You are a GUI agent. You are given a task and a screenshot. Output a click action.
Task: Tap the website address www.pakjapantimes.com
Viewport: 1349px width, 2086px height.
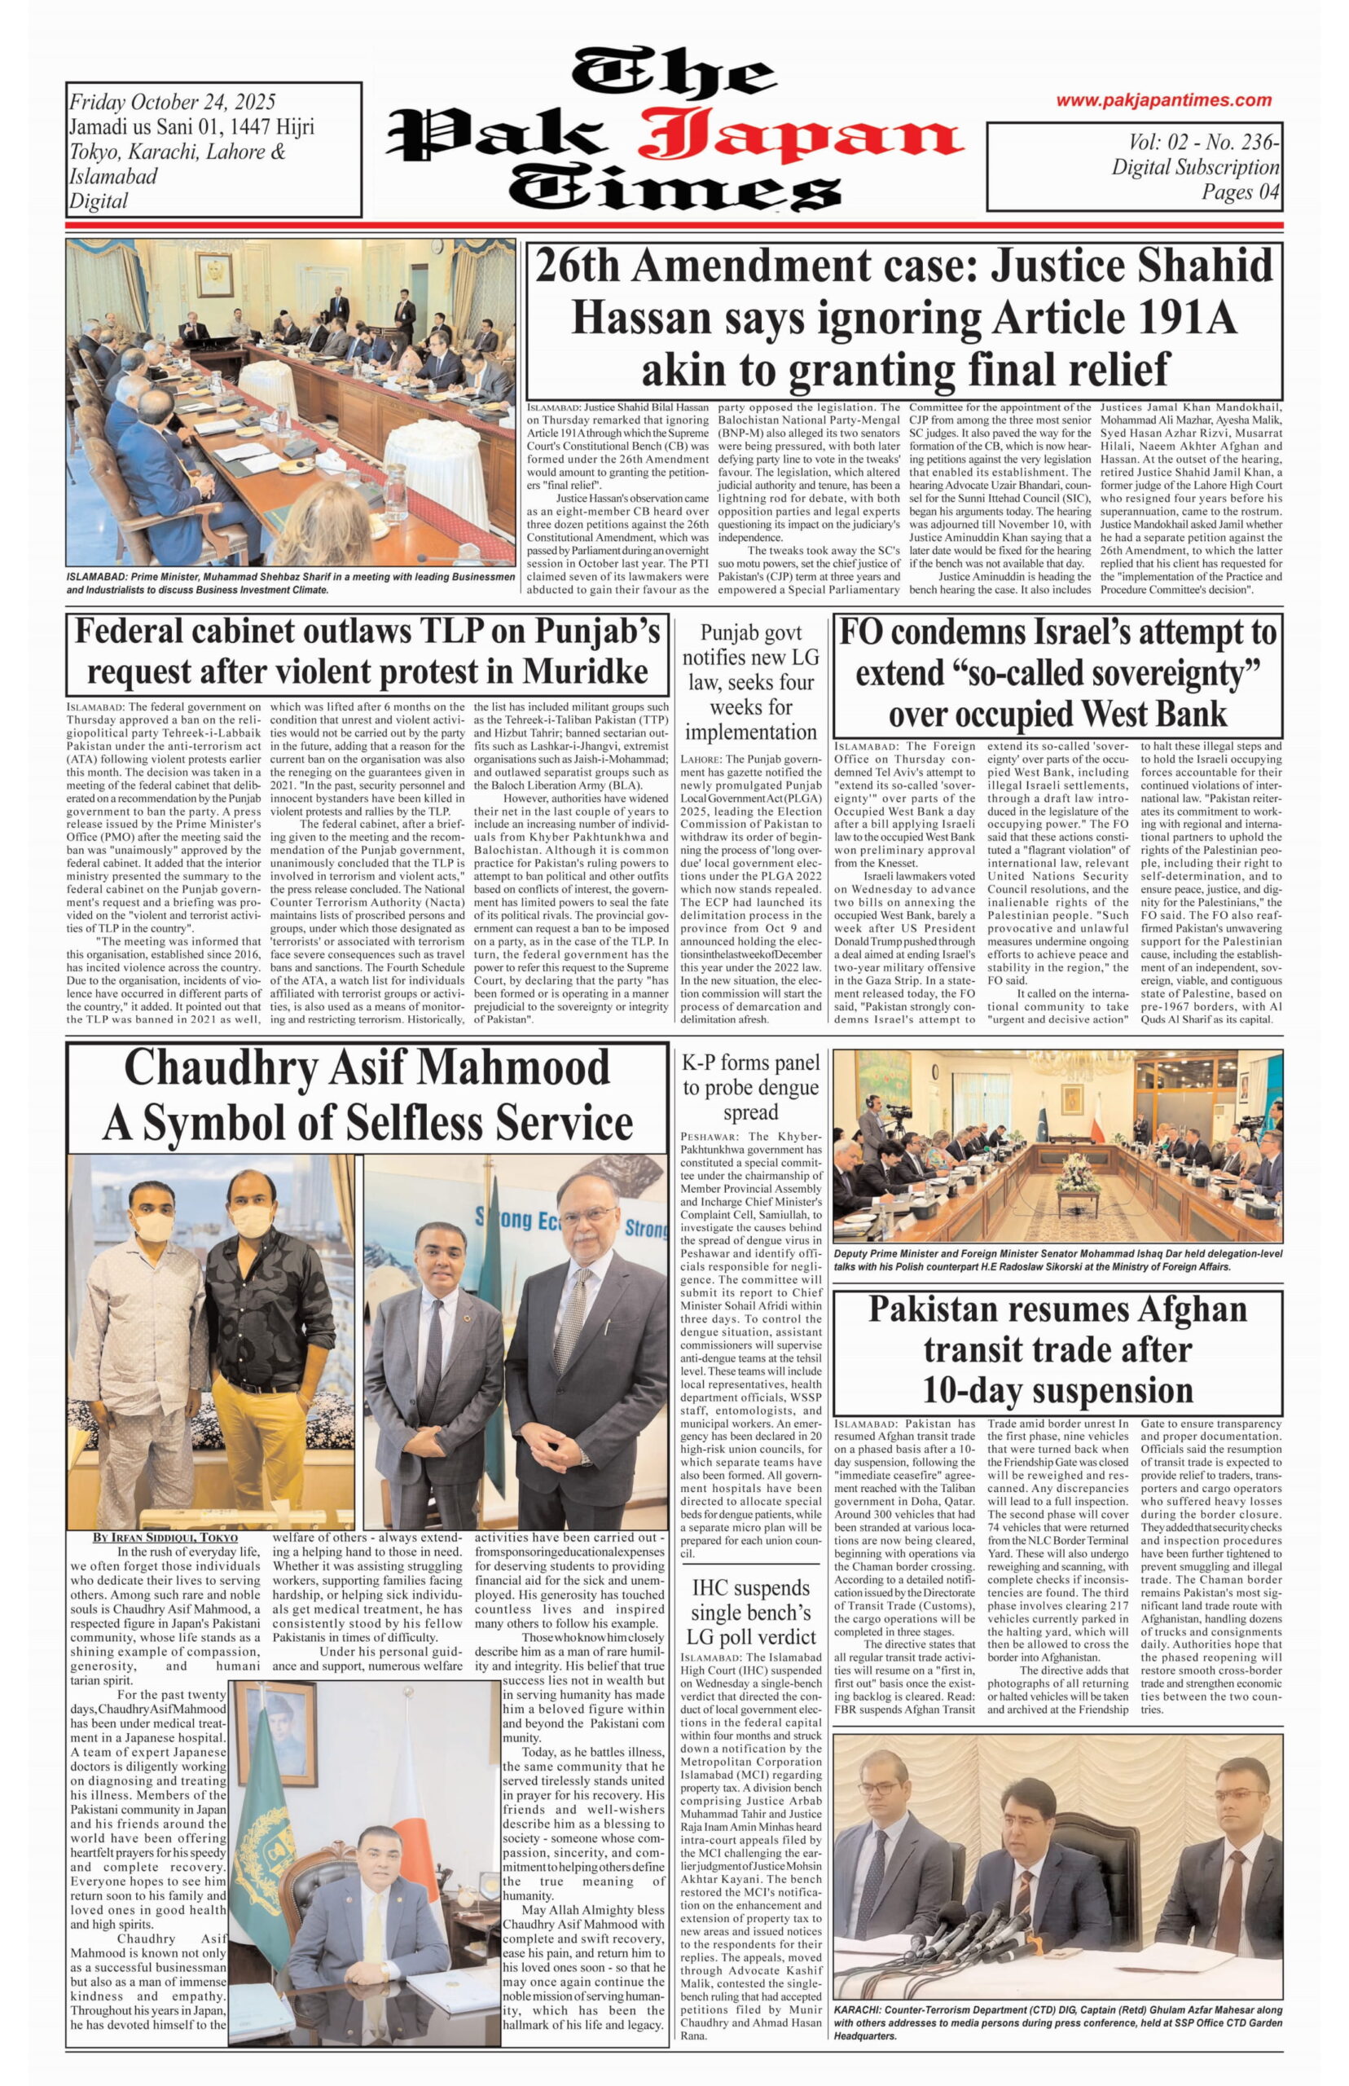(x=1162, y=101)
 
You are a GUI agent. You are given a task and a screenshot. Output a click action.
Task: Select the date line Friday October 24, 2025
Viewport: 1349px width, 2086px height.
(x=173, y=103)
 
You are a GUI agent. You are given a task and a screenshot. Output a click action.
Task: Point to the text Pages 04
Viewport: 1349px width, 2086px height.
(x=1240, y=191)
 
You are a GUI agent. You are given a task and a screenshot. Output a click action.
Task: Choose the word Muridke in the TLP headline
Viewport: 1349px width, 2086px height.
(x=585, y=671)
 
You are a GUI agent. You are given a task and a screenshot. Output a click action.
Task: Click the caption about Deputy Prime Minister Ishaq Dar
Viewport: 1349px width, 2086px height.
(x=1057, y=1261)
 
